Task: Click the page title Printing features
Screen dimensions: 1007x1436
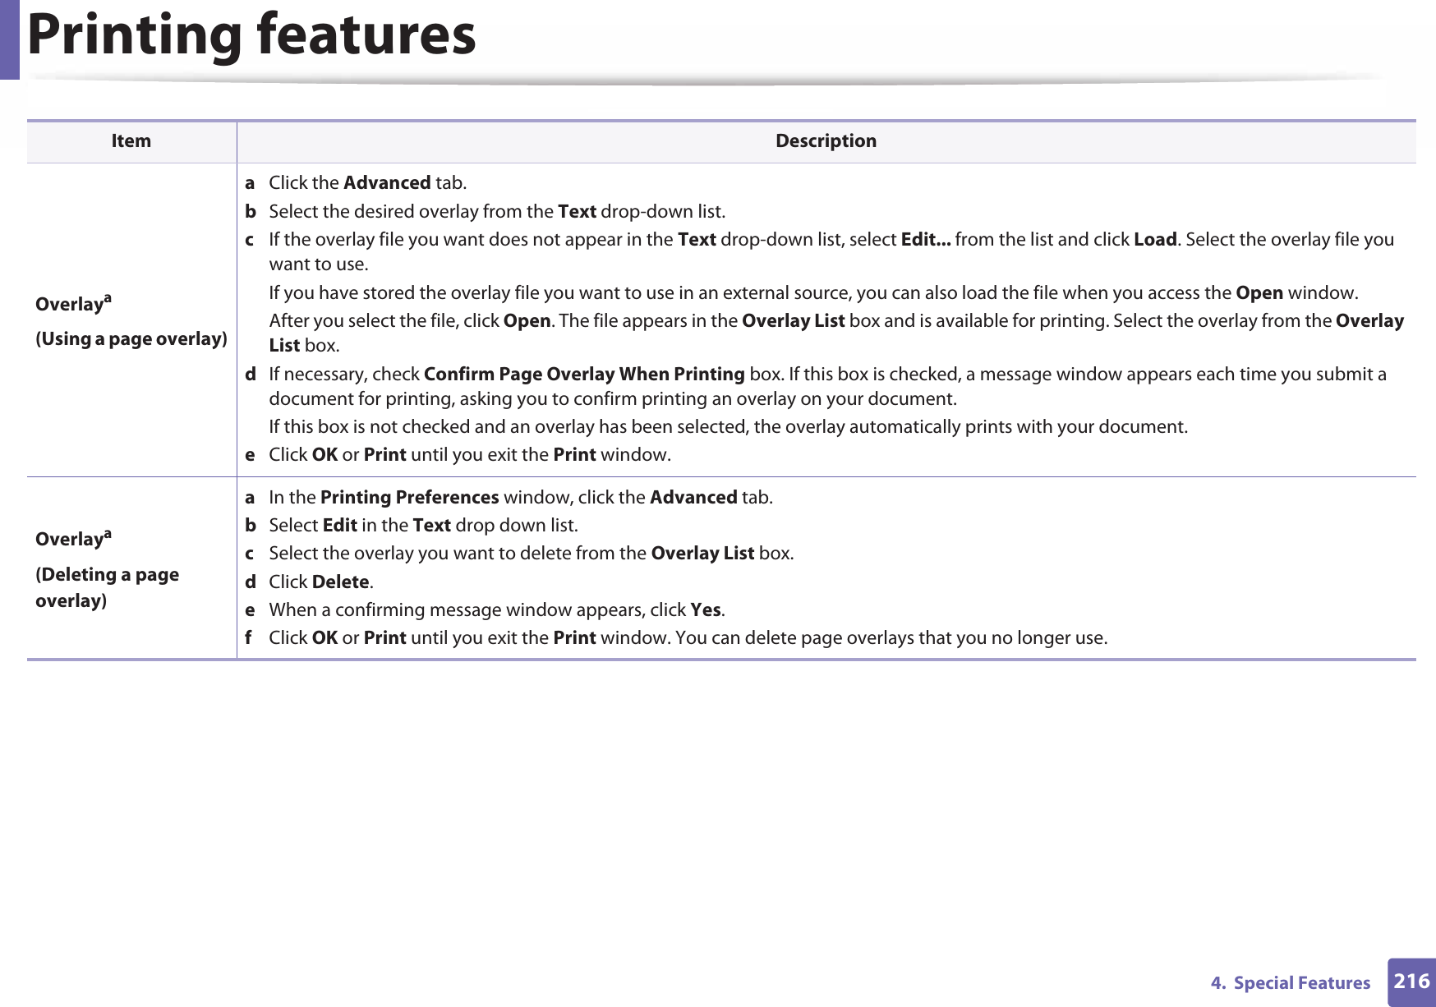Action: tap(251, 35)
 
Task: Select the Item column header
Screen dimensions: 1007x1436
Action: tap(131, 141)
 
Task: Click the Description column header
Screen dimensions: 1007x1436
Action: tap(826, 141)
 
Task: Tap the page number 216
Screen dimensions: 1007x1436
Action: tap(1411, 982)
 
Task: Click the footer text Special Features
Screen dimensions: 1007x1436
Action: tap(1301, 983)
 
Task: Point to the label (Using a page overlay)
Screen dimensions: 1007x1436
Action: tap(131, 339)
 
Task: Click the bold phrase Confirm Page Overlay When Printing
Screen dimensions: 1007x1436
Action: tap(584, 375)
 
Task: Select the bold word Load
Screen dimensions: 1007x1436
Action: tap(1155, 240)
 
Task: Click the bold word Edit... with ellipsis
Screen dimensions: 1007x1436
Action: tap(926, 240)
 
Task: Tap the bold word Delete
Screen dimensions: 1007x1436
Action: tap(340, 582)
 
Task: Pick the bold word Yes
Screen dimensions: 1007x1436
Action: tap(706, 610)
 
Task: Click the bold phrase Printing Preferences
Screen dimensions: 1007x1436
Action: tap(409, 498)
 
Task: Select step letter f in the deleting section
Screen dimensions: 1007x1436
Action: tap(249, 638)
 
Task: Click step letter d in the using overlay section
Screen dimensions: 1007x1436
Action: tap(250, 375)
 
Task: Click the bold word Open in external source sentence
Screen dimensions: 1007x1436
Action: tap(1259, 293)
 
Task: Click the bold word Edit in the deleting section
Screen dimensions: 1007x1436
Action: tap(339, 526)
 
